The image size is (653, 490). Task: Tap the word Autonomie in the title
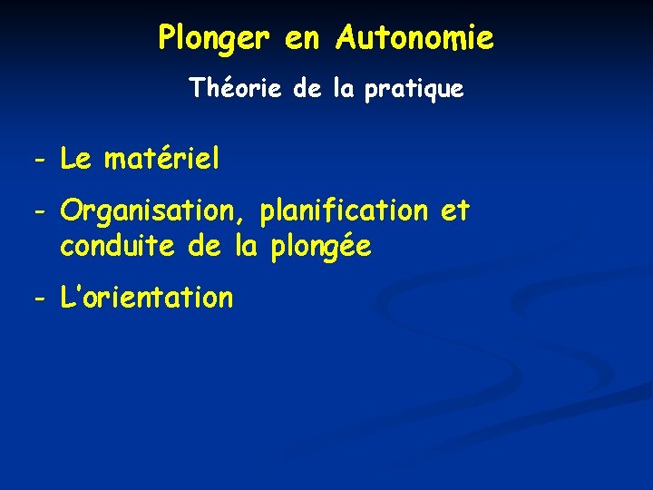tap(414, 38)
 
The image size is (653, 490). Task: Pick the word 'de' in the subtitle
tap(307, 89)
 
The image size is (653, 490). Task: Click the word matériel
tap(162, 161)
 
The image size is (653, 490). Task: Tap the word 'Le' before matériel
tap(75, 161)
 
